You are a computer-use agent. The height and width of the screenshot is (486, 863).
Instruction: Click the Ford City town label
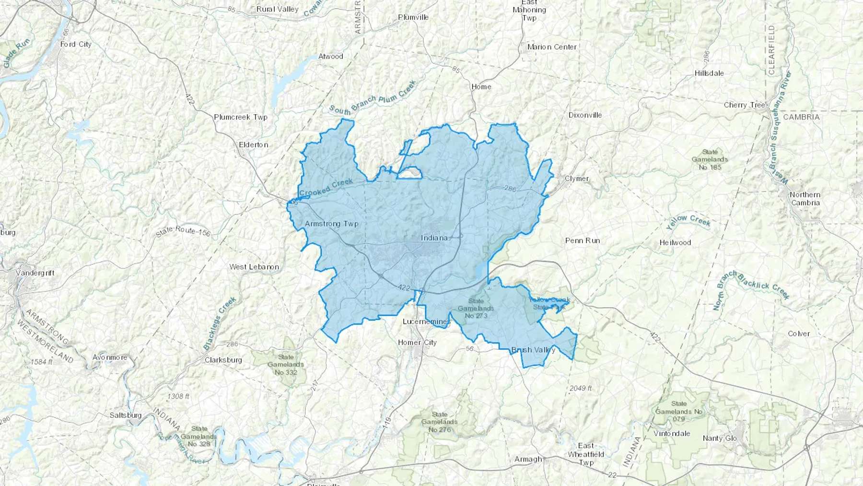pyautogui.click(x=76, y=44)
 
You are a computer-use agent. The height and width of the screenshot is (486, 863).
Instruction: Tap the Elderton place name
pyautogui.click(x=254, y=144)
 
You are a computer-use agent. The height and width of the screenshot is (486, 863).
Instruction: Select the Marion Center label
pyautogui.click(x=552, y=47)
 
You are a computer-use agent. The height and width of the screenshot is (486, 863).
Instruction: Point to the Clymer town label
pyautogui.click(x=577, y=178)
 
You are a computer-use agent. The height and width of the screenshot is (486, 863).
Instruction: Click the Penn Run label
pyautogui.click(x=583, y=240)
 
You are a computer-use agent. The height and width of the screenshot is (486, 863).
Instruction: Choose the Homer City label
pyautogui.click(x=417, y=342)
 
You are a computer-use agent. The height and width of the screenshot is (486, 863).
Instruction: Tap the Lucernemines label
pyautogui.click(x=426, y=321)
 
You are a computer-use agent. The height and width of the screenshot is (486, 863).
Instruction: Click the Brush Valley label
pyautogui.click(x=533, y=350)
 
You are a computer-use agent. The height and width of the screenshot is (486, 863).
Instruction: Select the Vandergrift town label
pyautogui.click(x=35, y=273)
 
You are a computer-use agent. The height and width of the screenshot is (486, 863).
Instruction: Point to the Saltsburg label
pyautogui.click(x=126, y=415)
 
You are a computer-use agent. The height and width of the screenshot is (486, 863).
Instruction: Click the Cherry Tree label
pyautogui.click(x=745, y=105)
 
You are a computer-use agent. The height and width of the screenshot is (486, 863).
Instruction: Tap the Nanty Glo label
pyautogui.click(x=720, y=438)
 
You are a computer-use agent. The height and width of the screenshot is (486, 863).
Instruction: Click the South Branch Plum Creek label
pyautogui.click(x=373, y=99)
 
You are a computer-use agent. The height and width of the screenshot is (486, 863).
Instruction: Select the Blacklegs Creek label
pyautogui.click(x=220, y=323)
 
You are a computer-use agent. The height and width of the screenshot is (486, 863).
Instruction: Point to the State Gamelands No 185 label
pyautogui.click(x=710, y=159)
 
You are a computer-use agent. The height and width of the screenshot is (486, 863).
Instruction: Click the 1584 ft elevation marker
pyautogui.click(x=42, y=362)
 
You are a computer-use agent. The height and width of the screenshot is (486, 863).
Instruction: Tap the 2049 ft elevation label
pyautogui.click(x=581, y=388)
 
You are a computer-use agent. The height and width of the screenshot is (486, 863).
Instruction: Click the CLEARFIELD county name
pyautogui.click(x=771, y=50)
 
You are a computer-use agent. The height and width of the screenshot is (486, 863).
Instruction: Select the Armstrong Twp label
pyautogui.click(x=331, y=224)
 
